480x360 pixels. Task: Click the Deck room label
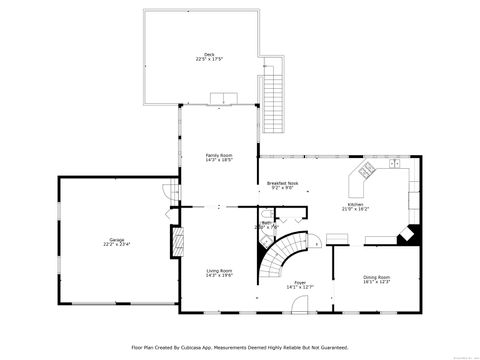coord(209,55)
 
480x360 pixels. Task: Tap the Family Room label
coord(219,155)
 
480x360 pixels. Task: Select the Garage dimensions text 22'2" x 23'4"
coord(117,244)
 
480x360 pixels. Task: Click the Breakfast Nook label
coord(282,183)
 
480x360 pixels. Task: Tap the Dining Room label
coord(376,277)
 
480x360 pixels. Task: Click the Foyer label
coord(299,282)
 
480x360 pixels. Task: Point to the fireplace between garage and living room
coord(178,241)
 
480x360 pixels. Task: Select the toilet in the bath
coord(285,215)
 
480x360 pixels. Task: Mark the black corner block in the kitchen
coord(407,235)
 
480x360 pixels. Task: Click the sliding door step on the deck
coord(222,98)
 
